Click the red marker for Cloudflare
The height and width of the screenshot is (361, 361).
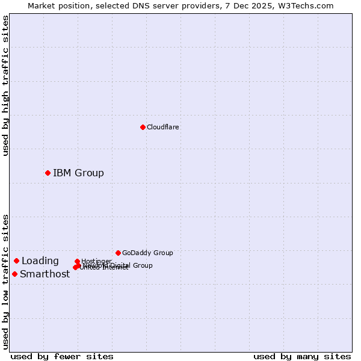(x=143, y=127)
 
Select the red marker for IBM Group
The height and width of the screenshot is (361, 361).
(x=48, y=173)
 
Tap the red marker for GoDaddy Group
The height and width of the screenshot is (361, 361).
(x=118, y=253)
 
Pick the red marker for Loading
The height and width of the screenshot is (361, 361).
(x=16, y=261)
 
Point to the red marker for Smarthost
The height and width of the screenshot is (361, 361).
(x=14, y=274)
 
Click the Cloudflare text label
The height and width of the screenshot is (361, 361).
(x=162, y=127)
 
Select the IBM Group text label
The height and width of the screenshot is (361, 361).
(x=78, y=173)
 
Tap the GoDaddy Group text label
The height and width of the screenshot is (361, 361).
(x=147, y=253)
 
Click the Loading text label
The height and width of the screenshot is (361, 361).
(x=40, y=261)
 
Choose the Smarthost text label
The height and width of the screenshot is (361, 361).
(x=45, y=274)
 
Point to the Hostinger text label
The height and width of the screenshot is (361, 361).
(x=96, y=261)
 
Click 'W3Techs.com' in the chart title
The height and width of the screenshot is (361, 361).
(x=306, y=5)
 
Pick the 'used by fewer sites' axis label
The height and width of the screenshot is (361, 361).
(x=62, y=356)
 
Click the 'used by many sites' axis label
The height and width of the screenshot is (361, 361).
(x=302, y=356)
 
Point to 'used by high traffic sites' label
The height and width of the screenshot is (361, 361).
(x=5, y=85)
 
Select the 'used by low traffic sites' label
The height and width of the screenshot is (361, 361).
(x=5, y=282)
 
